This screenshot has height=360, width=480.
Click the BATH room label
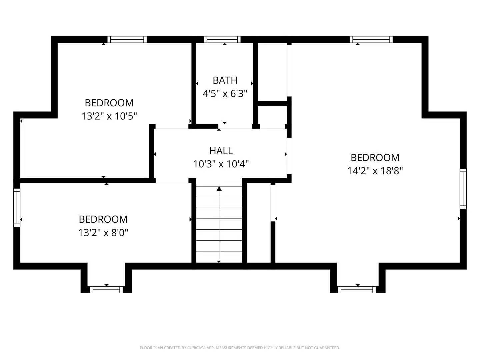[x=225, y=80]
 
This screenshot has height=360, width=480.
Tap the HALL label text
[x=221, y=151]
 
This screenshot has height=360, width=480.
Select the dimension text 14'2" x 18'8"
[x=375, y=171]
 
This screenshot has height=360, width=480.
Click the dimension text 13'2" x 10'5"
[x=109, y=116]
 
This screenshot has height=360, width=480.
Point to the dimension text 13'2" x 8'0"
[x=103, y=232]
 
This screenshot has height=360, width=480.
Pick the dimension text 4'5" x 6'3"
[x=225, y=94]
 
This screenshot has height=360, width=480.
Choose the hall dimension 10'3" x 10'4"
[x=221, y=164]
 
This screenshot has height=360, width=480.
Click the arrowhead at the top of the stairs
[x=219, y=189]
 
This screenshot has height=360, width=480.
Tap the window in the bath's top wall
[x=222, y=39]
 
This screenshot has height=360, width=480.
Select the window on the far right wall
[x=463, y=189]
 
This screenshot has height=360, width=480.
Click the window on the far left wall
[x=17, y=207]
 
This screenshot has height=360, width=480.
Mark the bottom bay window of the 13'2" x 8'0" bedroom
[x=106, y=289]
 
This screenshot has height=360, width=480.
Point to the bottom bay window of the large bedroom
[x=357, y=289]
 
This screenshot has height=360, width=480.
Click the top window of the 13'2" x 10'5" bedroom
[x=127, y=39]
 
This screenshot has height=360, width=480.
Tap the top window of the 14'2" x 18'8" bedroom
[x=371, y=39]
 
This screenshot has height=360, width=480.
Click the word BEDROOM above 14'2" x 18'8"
[x=375, y=157]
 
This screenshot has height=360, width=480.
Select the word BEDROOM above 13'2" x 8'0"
[x=103, y=219]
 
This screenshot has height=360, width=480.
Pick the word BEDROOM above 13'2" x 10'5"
[x=109, y=103]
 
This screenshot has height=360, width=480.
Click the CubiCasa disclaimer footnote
[x=240, y=348]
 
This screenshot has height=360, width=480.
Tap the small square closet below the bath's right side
[x=272, y=115]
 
